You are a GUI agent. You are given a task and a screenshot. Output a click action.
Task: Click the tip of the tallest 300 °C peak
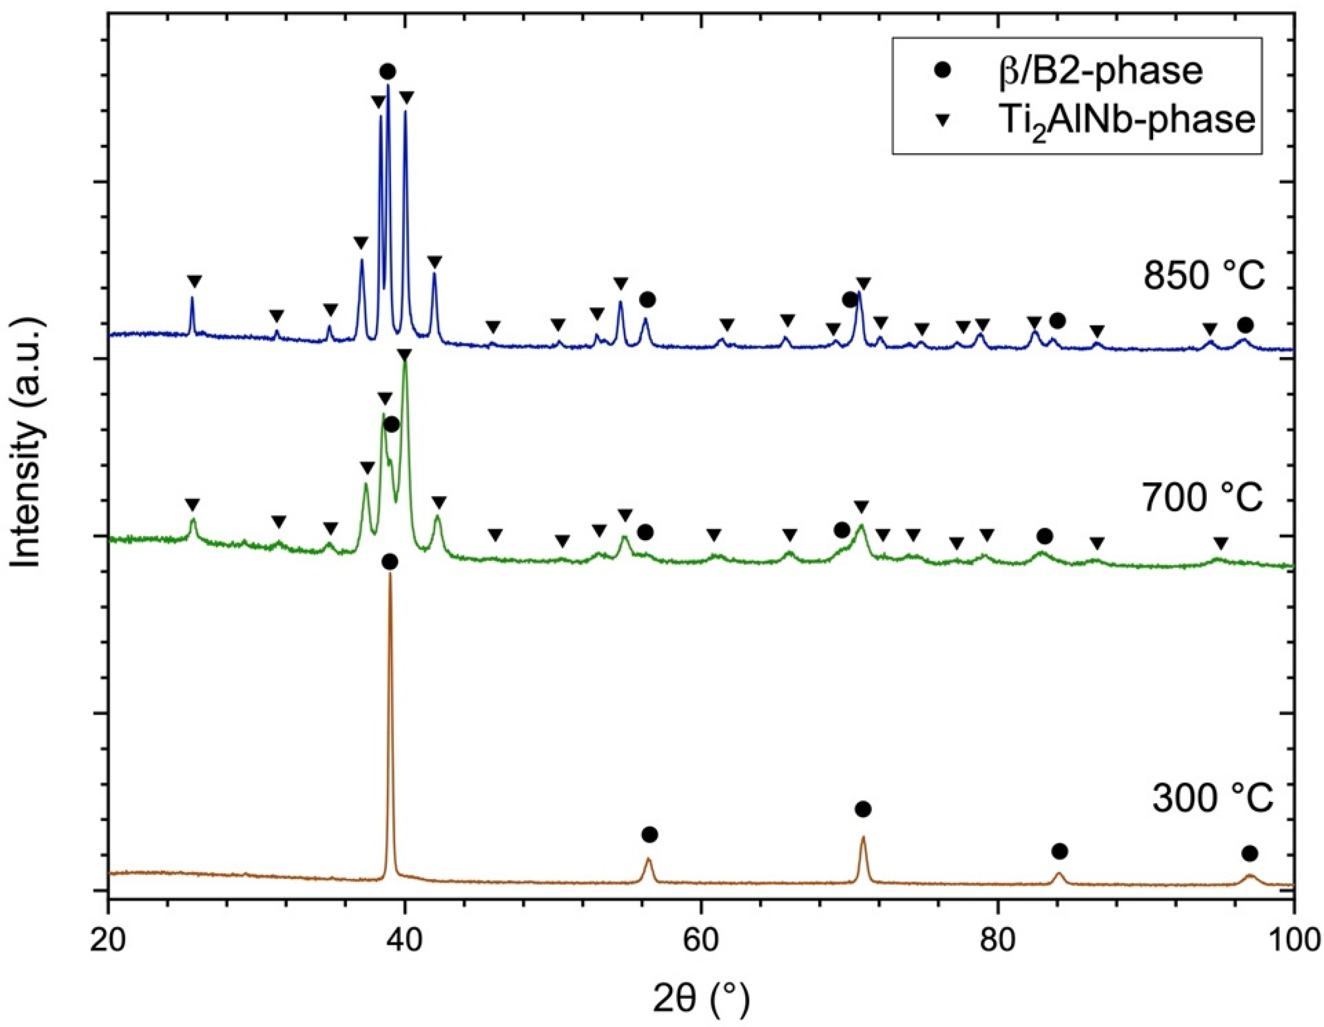pyautogui.click(x=390, y=574)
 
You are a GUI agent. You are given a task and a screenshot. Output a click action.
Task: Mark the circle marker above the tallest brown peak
pyautogui.click(x=391, y=562)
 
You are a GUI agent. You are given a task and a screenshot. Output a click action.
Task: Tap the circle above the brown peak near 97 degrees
pyautogui.click(x=1249, y=854)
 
